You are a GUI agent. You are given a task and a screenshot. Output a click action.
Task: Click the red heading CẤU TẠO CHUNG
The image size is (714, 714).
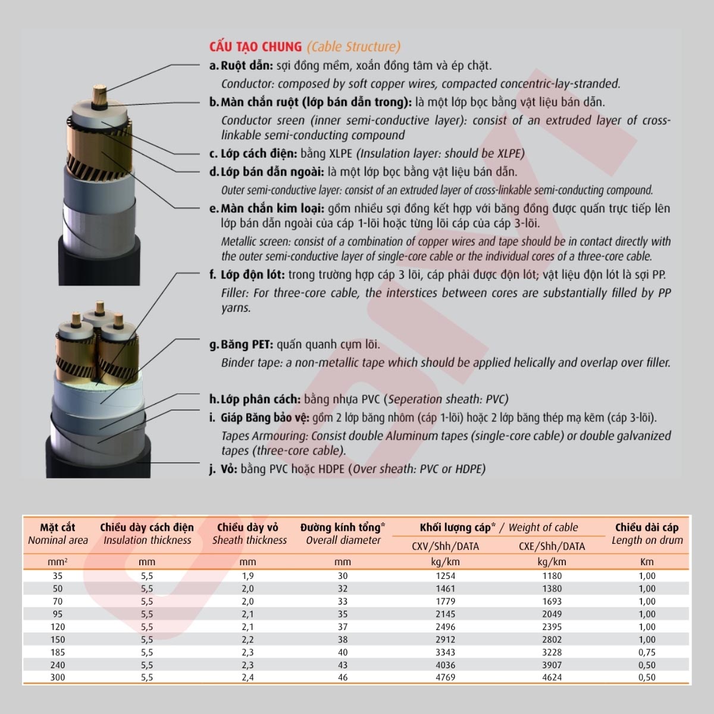[x=255, y=47]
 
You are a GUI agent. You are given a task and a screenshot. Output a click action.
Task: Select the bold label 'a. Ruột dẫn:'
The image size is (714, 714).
[x=241, y=65]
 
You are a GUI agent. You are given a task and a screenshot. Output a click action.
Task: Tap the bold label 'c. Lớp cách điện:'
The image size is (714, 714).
[x=253, y=154]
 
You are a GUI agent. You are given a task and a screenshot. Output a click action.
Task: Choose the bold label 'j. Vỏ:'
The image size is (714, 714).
[x=223, y=469]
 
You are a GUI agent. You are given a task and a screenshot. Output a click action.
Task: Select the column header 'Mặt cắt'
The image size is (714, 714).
[x=58, y=527]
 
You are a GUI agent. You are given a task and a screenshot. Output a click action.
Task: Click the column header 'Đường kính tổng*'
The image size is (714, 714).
[x=343, y=527]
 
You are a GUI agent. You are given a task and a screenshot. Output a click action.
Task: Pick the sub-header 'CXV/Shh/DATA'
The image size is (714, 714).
[x=445, y=546]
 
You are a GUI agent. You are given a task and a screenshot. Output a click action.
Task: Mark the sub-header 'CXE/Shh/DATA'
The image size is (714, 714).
[x=552, y=546]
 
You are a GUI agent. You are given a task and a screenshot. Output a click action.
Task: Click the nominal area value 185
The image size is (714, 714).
[x=58, y=652]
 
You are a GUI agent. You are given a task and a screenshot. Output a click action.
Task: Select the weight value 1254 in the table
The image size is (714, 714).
[x=445, y=576]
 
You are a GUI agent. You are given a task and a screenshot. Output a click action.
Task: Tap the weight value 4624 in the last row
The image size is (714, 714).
[x=552, y=677]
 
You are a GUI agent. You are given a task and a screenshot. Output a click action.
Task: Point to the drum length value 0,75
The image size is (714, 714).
[x=647, y=652]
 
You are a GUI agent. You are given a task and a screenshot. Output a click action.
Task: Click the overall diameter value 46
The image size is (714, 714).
[x=343, y=677]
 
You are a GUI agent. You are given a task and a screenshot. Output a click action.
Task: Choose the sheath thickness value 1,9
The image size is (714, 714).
[x=248, y=576]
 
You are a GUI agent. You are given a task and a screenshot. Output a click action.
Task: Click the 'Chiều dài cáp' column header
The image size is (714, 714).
[x=647, y=527]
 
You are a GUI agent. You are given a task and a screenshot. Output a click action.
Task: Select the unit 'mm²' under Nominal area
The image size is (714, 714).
[x=58, y=562]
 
